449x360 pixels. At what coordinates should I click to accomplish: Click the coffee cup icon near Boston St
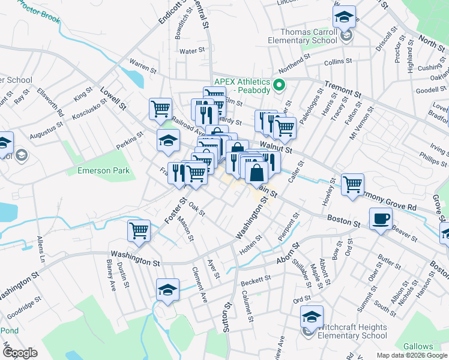click(380, 218)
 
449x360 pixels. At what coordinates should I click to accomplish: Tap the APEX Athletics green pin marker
click(279, 85)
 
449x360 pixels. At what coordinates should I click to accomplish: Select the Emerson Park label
click(104, 171)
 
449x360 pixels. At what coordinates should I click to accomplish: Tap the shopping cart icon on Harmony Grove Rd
click(352, 184)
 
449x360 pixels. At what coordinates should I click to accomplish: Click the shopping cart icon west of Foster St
click(139, 230)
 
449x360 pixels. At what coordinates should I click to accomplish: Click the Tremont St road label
click(343, 89)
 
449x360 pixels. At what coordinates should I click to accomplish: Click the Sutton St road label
click(227, 318)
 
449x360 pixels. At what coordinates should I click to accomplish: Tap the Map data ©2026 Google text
click(411, 355)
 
